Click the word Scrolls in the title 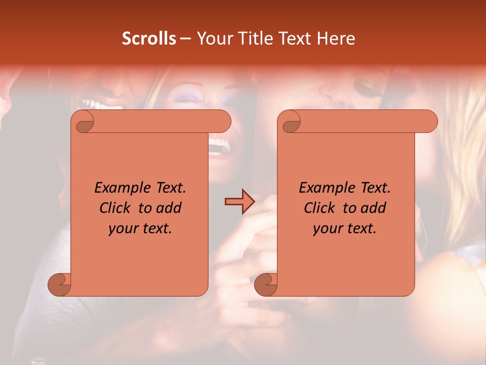[x=149, y=39]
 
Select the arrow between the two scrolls [x=239, y=202]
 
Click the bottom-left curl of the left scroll [x=59, y=285]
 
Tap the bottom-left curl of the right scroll [x=266, y=285]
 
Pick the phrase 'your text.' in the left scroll [x=140, y=229]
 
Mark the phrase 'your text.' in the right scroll [x=345, y=229]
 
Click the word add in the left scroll [x=169, y=208]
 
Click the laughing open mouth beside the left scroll [x=218, y=148]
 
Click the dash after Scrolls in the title [x=186, y=39]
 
